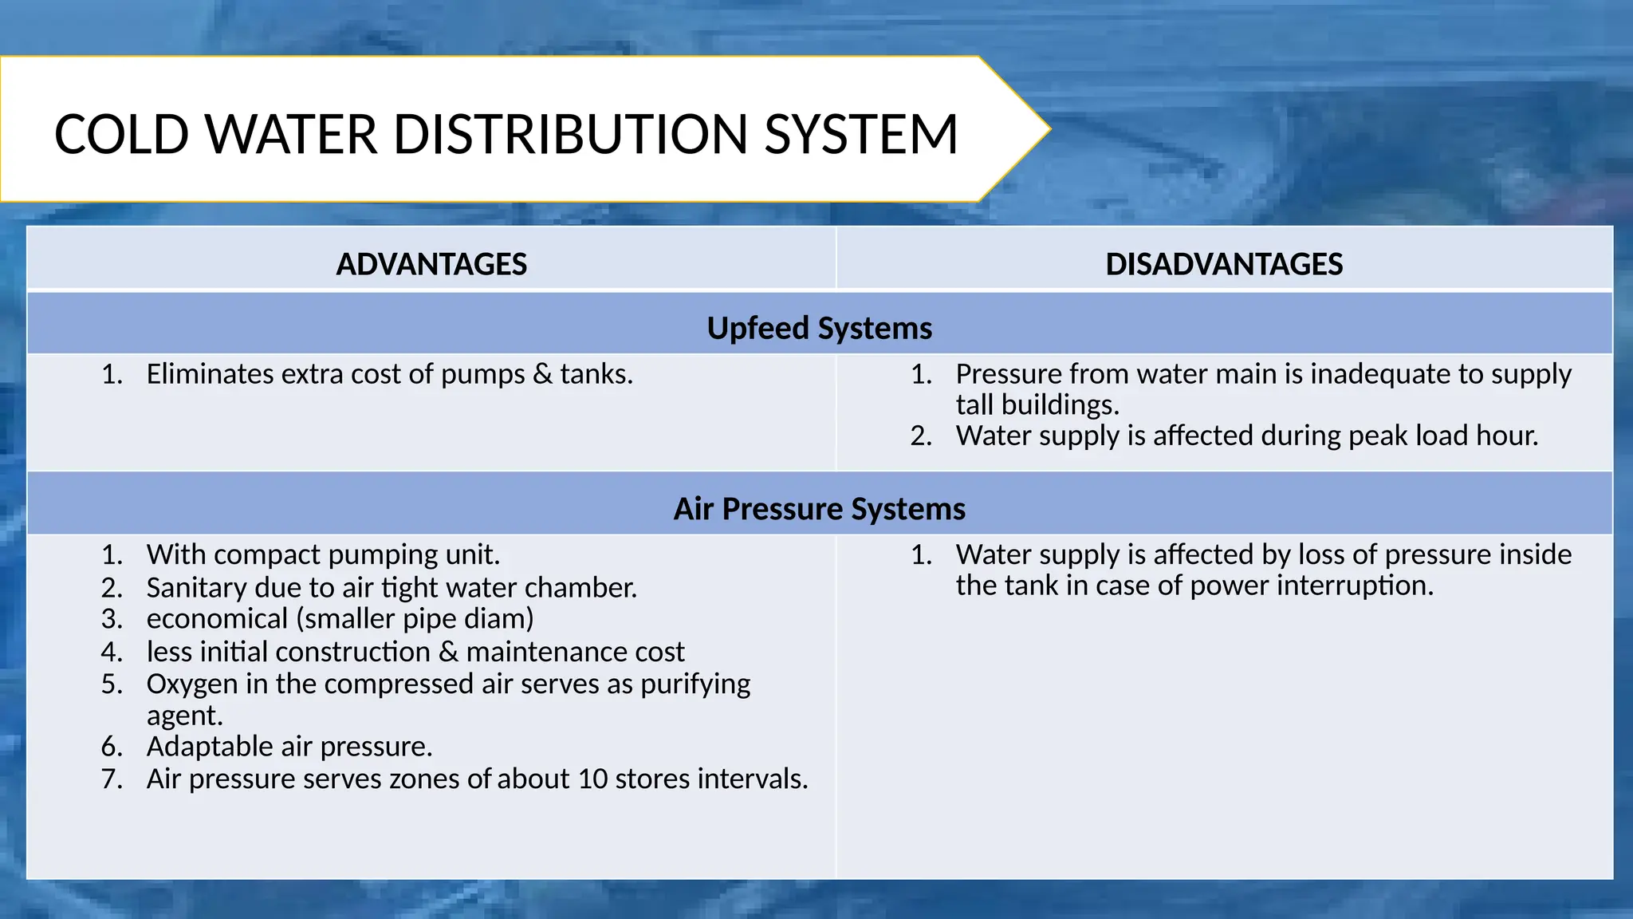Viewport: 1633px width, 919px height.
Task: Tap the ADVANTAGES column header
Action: (x=431, y=264)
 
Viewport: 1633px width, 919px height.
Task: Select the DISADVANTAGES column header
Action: (x=1224, y=264)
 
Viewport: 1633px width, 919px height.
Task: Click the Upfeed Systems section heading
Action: (x=819, y=328)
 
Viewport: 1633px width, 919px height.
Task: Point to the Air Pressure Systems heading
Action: (x=819, y=509)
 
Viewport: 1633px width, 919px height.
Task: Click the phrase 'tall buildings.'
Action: (x=1037, y=405)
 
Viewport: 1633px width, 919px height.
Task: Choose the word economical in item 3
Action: (x=217, y=619)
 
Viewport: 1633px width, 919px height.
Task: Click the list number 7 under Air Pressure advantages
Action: (x=111, y=779)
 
